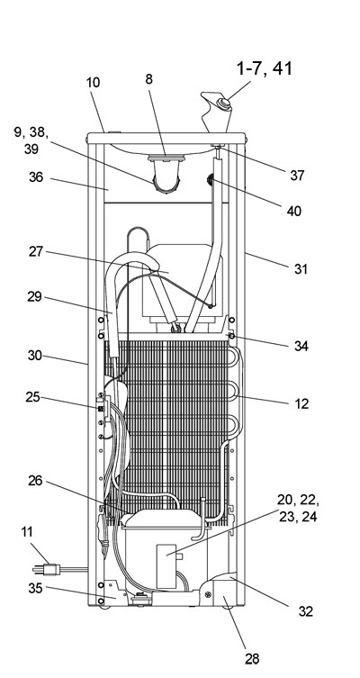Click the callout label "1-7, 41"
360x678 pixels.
coord(264,68)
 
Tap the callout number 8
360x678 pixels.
coord(148,79)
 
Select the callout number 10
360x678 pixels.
coord(94,82)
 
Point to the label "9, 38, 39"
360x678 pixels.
coord(31,140)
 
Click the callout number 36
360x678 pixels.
coord(36,176)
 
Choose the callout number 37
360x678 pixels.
coord(297,175)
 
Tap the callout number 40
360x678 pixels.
coord(294,211)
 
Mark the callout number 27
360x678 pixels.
coord(36,251)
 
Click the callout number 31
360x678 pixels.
coord(301,269)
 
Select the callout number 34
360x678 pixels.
coord(301,346)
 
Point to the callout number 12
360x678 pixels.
coord(301,403)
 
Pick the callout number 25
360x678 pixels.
coord(32,396)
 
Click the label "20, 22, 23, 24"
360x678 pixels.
coord(298,509)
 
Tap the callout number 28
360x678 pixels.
coord(252,658)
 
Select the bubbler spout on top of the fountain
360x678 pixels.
coord(215,111)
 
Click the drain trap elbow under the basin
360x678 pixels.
coord(166,178)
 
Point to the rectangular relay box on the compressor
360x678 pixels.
coord(166,566)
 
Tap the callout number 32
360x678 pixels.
coord(305,611)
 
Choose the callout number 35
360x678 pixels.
coord(36,588)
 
